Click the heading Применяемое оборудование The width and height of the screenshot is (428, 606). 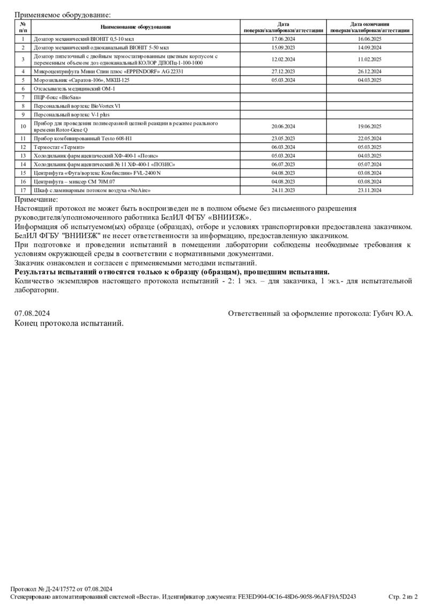[x=63, y=15]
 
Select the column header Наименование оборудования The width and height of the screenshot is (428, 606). [x=136, y=27]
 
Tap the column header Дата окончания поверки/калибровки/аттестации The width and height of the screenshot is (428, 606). [x=370, y=27]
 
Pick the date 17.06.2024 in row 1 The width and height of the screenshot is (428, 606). [x=284, y=39]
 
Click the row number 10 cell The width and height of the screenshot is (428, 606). [x=23, y=126]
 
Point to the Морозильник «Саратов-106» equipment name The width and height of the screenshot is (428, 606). [x=81, y=80]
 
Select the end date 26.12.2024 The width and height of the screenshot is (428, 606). [x=370, y=71]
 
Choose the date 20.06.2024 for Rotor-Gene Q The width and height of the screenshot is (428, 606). [x=284, y=126]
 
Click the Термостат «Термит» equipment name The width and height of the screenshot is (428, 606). [x=59, y=147]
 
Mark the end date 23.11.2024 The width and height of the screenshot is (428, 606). [x=370, y=190]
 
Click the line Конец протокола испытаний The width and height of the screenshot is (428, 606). [x=69, y=323]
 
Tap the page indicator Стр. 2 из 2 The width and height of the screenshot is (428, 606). [x=402, y=596]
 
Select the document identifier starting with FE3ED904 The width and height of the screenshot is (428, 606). [x=297, y=596]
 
